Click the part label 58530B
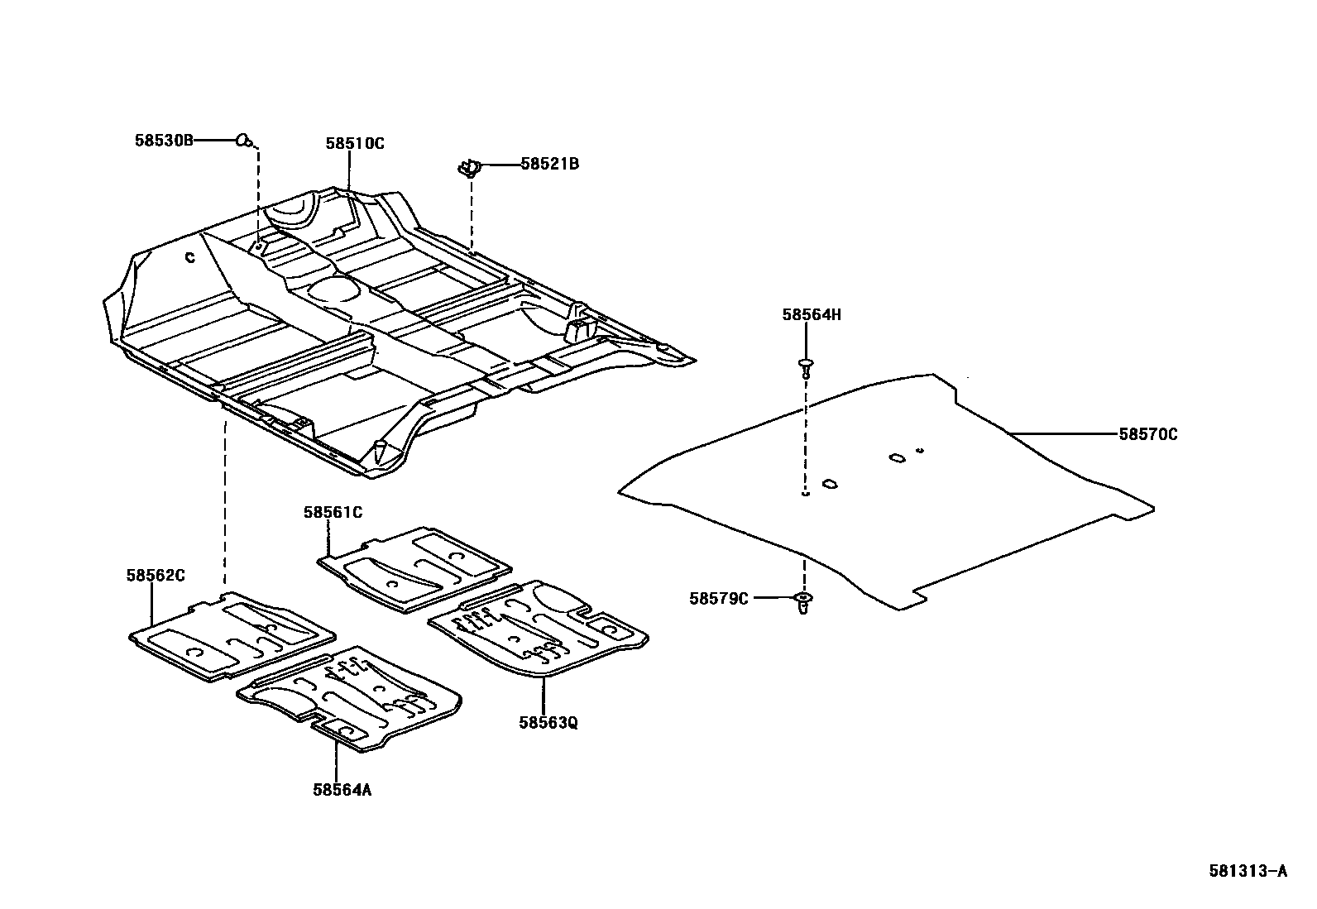(164, 141)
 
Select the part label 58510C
(355, 143)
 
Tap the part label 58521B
(549, 164)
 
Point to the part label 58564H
(812, 314)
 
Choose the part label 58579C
(718, 598)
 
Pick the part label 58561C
(333, 513)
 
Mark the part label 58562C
(156, 575)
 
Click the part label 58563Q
(548, 722)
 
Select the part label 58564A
(342, 789)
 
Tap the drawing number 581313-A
(1248, 870)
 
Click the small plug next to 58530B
(244, 141)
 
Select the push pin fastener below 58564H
(805, 366)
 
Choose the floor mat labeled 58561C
(414, 570)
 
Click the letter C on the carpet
(189, 258)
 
